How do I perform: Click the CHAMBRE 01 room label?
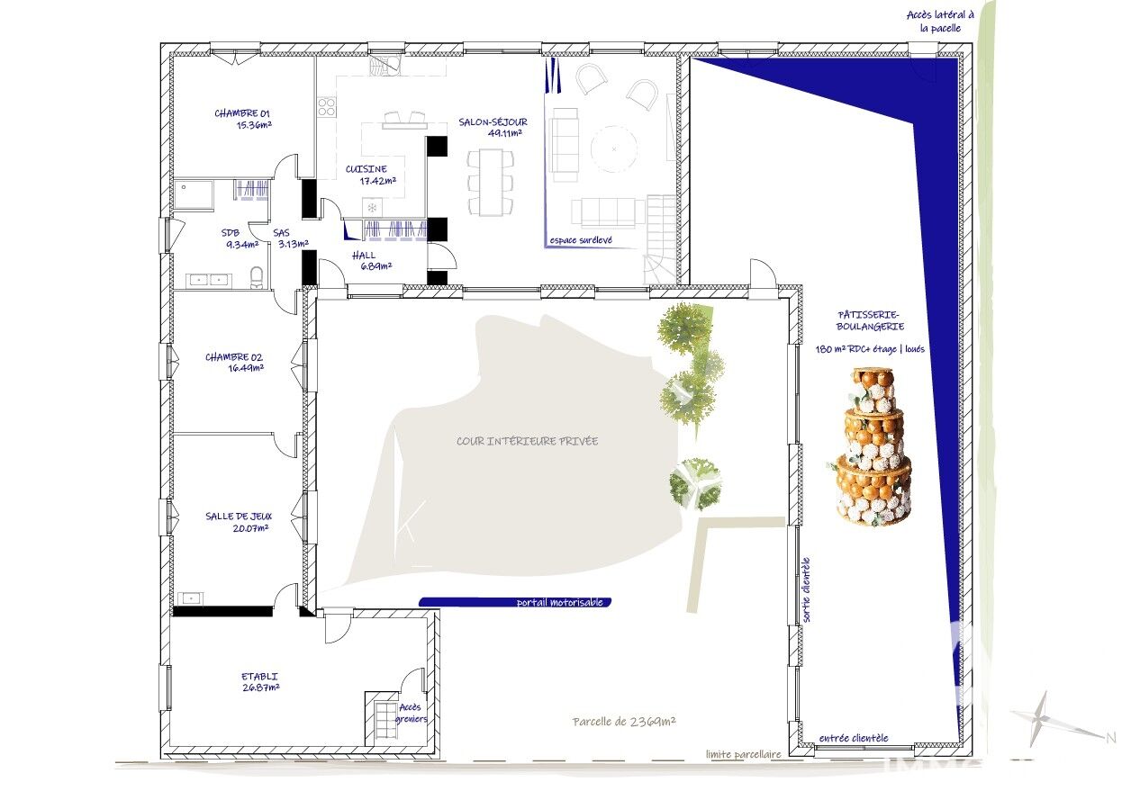point(242,119)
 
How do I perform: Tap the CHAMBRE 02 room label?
point(234,363)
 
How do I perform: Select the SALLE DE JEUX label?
point(239,522)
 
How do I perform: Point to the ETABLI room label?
point(260,681)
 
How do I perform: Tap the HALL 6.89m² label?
point(372,260)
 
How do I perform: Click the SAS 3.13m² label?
point(290,238)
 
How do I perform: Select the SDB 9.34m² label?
point(240,238)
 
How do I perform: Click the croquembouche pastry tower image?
point(871,446)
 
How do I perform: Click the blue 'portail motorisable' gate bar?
point(515,602)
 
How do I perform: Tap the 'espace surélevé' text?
point(581,240)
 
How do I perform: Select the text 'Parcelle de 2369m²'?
point(624,722)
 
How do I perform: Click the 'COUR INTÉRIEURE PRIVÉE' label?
point(527,441)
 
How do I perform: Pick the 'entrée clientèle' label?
point(854,738)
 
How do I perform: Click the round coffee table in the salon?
point(613,148)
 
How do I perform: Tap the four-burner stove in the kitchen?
point(327,107)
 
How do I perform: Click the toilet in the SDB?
point(258,277)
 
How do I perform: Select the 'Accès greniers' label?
point(411,713)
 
